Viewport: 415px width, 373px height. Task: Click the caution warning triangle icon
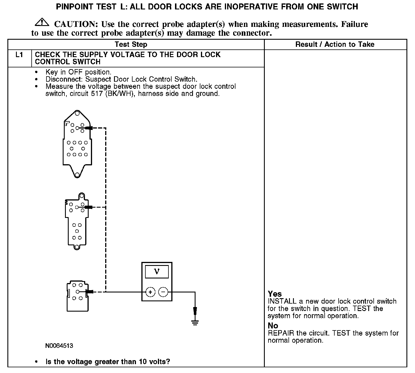tap(42, 22)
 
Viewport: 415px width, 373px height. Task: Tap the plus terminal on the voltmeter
tap(150, 292)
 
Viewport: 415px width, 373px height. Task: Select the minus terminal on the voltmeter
tap(163, 292)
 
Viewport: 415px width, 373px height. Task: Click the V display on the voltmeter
tap(157, 271)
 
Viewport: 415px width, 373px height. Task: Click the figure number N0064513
tap(59, 346)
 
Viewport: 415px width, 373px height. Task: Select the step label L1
tap(19, 55)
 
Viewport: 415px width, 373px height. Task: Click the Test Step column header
tap(131, 44)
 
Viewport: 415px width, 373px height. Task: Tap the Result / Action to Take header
tap(335, 44)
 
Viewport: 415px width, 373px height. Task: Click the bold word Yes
tap(275, 294)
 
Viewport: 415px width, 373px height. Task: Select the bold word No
tap(273, 326)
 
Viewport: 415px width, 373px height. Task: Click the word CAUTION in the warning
tap(76, 24)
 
